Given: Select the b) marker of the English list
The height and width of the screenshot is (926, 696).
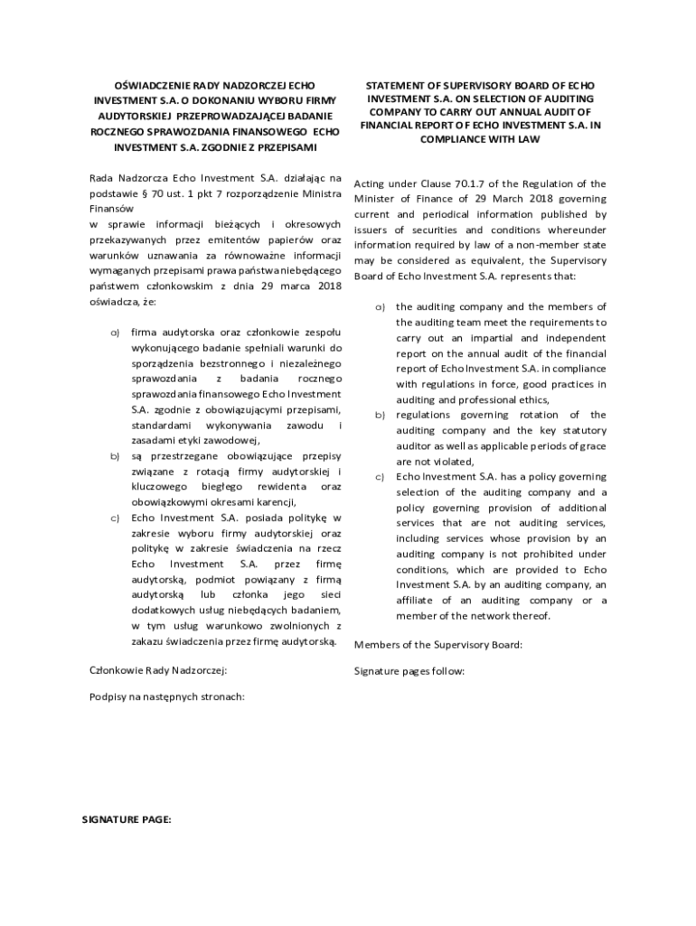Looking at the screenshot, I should (381, 415).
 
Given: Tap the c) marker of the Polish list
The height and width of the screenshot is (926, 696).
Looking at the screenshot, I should (115, 518).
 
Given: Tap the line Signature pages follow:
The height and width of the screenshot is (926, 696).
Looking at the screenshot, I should (409, 672).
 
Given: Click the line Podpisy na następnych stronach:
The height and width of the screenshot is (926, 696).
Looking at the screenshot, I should (167, 696).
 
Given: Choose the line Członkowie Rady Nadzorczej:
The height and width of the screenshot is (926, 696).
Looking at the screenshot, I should (158, 670).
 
